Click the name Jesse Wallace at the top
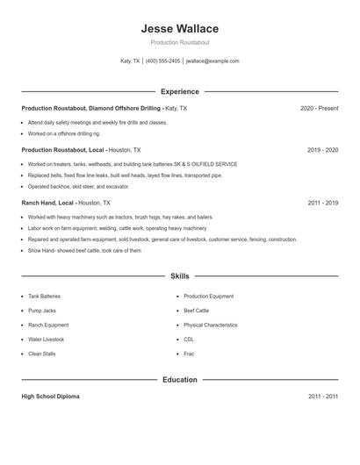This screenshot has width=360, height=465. tap(179, 29)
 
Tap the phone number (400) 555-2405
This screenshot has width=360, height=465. tap(163, 61)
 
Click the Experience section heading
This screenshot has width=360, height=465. tap(179, 91)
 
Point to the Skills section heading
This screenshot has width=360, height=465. tap(179, 275)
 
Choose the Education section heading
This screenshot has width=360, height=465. tap(179, 380)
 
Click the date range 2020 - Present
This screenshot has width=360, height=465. tap(319, 108)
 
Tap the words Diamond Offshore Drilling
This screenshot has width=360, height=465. tap(126, 108)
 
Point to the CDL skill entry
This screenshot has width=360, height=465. tap(189, 339)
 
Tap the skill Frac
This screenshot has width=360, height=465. tap(189, 353)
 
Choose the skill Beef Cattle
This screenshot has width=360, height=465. tap(196, 311)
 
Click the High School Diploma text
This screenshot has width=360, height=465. tap(50, 397)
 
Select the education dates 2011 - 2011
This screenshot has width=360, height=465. tap(322, 397)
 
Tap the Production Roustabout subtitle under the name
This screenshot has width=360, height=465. tap(179, 42)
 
